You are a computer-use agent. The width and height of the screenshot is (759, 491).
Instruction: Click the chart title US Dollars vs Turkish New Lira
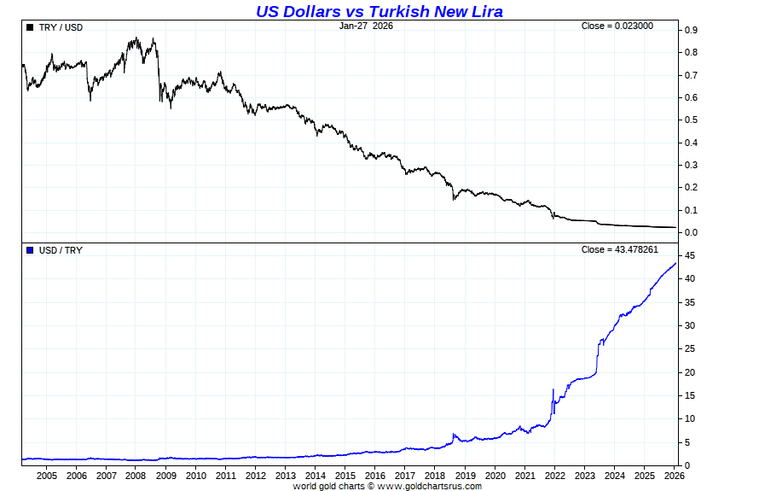coord(379,11)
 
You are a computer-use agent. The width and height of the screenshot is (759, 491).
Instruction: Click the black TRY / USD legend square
coord(30,27)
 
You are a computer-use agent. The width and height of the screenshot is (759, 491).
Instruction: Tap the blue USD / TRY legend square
coord(30,250)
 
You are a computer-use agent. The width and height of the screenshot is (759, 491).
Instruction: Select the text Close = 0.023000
coord(617,26)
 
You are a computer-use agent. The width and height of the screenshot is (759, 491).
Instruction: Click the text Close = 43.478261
coord(619,249)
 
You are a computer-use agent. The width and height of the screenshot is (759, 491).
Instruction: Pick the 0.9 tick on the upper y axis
coord(691,30)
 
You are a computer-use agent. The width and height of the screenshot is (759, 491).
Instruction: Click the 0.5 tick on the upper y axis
coord(691,120)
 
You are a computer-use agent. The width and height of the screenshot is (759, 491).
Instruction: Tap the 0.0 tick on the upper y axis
coord(691,232)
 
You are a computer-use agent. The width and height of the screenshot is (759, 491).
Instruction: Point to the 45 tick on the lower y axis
coord(689,255)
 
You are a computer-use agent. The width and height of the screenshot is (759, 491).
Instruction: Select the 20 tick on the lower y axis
coord(689,372)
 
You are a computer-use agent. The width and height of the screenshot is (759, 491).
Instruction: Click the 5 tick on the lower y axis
coord(687,442)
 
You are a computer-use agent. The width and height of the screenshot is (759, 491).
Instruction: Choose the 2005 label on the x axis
coord(46,476)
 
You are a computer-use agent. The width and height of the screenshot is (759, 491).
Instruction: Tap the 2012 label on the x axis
coord(256,476)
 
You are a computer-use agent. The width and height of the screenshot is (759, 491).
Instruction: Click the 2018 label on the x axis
coord(435,476)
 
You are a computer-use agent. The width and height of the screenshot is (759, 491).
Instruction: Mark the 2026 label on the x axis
coord(675,476)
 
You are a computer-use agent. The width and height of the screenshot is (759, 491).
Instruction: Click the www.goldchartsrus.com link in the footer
coord(429,486)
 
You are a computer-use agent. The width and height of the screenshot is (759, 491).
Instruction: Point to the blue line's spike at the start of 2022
coord(553,390)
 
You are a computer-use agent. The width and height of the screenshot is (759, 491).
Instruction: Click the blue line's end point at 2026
coord(676,263)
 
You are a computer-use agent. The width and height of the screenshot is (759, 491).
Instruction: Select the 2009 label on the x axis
coord(165,476)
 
